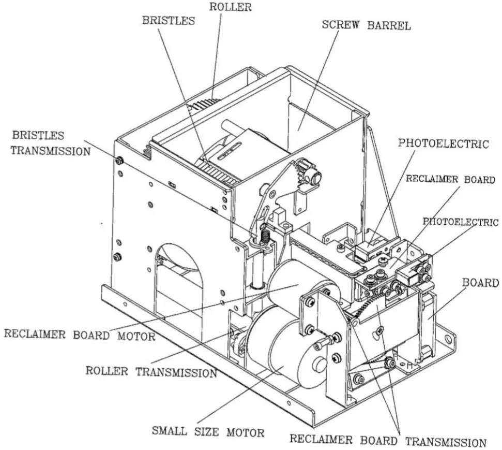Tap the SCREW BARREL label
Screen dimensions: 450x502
pos(366,25)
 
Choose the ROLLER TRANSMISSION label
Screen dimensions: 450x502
pos(151,372)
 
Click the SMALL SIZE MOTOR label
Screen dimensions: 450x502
pos(208,431)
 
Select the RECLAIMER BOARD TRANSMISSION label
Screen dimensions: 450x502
pos(387,441)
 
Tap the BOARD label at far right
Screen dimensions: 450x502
pos(480,283)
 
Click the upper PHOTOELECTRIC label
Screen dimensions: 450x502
pos(443,144)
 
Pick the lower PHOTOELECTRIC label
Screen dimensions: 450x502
pos(461,222)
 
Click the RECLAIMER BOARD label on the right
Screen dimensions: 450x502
pos(450,179)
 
